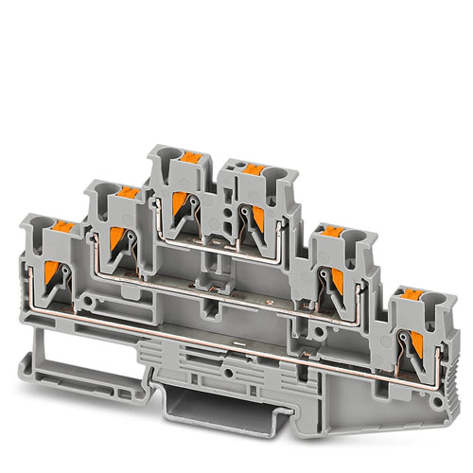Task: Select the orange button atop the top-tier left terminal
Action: click(x=186, y=156)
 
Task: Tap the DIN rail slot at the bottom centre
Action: click(x=204, y=409)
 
